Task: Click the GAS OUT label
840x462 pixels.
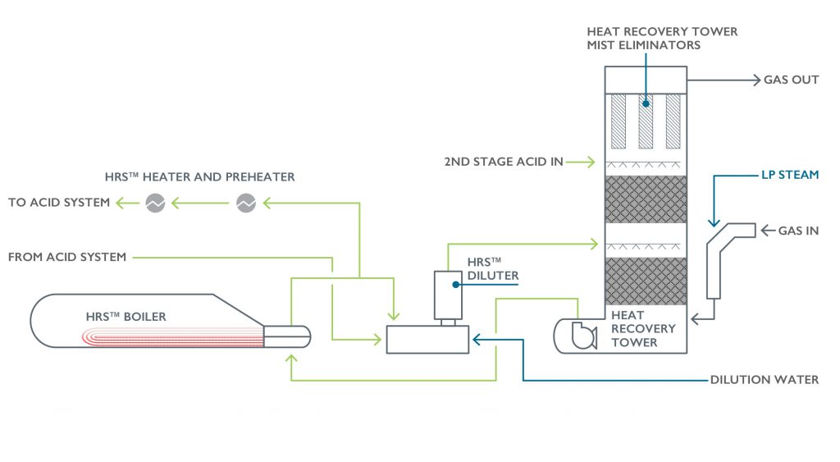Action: [x=791, y=80]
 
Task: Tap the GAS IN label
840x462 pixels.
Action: [x=797, y=231]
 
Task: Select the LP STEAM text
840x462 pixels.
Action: [x=788, y=176]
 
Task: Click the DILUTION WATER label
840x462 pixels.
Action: [x=764, y=380]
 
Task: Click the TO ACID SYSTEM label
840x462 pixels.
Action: [x=58, y=202]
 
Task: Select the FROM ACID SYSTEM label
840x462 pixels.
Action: [x=67, y=257]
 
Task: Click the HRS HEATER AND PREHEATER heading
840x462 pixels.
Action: [x=199, y=176]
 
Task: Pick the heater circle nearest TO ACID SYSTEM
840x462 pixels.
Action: [x=154, y=203]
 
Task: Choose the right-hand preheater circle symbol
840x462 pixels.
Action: [x=246, y=203]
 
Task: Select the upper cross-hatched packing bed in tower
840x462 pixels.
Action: [x=646, y=199]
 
